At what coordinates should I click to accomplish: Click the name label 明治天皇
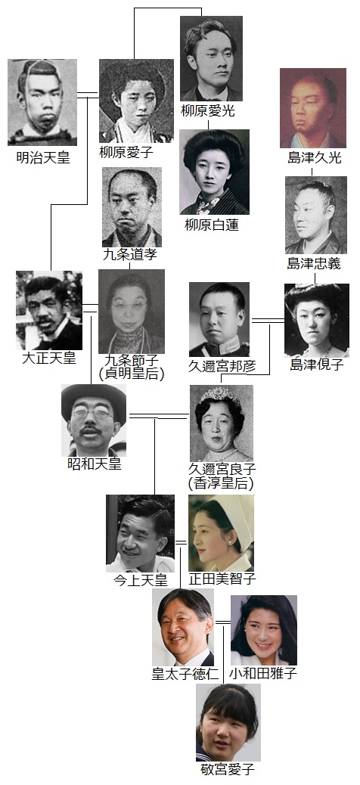click(43, 159)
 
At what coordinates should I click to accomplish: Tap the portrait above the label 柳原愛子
click(136, 101)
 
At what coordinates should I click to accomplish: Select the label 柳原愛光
click(208, 110)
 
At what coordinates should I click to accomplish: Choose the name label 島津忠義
click(314, 263)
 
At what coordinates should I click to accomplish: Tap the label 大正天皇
click(49, 358)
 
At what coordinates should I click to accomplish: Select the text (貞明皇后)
click(131, 374)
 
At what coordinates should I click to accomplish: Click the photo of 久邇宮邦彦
click(219, 319)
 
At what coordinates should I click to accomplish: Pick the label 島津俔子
click(317, 365)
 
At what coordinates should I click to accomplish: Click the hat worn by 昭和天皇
click(94, 397)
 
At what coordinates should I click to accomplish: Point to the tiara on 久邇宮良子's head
click(220, 397)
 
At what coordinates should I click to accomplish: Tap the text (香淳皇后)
click(221, 483)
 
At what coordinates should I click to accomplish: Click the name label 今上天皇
click(140, 580)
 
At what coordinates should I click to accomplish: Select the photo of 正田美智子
click(221, 533)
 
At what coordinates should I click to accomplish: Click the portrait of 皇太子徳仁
click(183, 627)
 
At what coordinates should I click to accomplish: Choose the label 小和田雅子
click(263, 673)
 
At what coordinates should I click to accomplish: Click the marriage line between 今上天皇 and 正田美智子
click(181, 542)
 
